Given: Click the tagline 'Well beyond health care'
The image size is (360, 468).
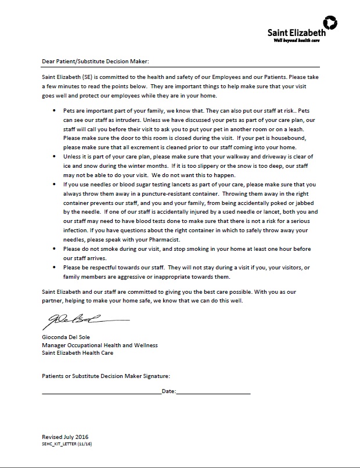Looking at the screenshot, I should (296, 40).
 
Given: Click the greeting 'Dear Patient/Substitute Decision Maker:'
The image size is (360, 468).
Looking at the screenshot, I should (96, 60).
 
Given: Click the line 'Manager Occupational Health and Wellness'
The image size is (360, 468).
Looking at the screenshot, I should (99, 345).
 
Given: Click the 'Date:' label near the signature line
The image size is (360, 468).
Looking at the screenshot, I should (168, 391).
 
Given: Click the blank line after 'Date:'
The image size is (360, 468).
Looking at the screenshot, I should (213, 393).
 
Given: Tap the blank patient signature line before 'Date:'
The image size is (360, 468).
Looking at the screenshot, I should (101, 393).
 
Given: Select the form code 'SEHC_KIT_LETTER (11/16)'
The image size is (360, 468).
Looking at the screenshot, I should (64, 444).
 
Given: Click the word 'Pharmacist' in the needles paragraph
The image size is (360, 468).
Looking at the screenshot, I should (168, 239).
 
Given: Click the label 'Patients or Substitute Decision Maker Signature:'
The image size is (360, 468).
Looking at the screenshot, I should (106, 376).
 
